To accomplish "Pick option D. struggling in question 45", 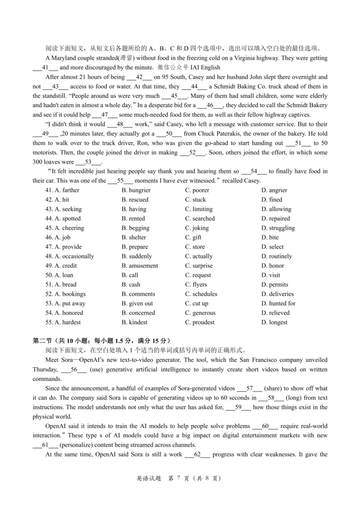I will click(278, 228).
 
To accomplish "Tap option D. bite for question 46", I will click(270, 237).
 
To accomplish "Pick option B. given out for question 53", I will click(137, 304).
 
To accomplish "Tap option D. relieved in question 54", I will click(275, 313).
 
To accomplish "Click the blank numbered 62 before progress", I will click(197, 455).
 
